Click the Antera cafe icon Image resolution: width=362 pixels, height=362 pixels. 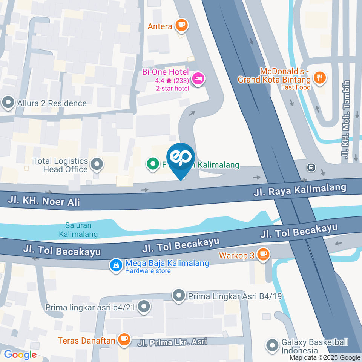(182, 25)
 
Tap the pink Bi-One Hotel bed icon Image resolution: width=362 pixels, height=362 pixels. (198, 79)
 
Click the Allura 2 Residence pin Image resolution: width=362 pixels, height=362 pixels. (8, 103)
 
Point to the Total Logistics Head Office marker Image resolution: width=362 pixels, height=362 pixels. (97, 164)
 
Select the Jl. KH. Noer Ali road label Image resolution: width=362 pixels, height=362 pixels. (44, 201)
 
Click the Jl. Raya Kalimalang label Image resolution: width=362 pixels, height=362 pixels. (300, 190)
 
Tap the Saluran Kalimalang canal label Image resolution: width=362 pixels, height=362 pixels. (78, 230)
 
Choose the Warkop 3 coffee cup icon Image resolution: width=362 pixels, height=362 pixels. (263, 255)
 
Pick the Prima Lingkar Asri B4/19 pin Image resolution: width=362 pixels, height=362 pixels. (179, 296)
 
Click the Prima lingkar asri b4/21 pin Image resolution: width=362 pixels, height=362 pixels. (144, 307)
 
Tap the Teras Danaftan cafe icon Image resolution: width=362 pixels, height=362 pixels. (123, 340)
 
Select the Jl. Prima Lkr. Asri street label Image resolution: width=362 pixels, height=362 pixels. (172, 342)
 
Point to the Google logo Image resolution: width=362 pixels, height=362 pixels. (20, 354)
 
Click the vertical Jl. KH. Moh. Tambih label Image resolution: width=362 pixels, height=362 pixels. (346, 119)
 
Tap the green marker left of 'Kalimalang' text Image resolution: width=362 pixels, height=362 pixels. (153, 165)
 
